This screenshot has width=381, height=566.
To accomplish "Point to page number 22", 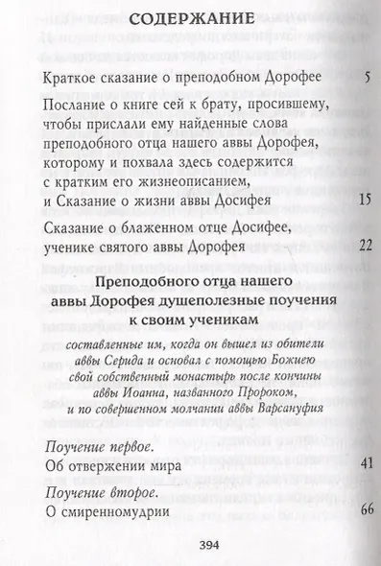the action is coord(351,247).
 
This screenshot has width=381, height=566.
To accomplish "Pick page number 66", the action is coord(351,509).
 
